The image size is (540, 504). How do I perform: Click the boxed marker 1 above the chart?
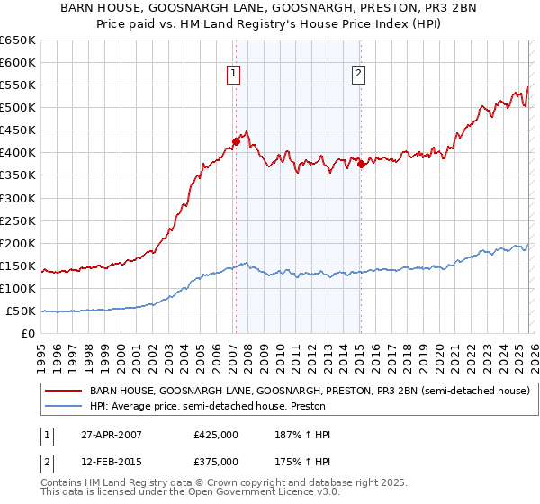pyautogui.click(x=233, y=74)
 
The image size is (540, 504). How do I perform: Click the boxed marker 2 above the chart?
pyautogui.click(x=358, y=74)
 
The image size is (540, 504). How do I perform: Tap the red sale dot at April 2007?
pyautogui.click(x=236, y=140)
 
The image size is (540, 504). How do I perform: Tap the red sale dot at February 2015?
pyautogui.click(x=360, y=164)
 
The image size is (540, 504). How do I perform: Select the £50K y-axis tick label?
pyautogui.click(x=21, y=310)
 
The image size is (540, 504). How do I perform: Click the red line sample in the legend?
pyautogui.click(x=64, y=391)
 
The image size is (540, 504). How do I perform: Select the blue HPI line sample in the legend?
pyautogui.click(x=64, y=406)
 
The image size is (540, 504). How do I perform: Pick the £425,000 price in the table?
pyautogui.click(x=216, y=435)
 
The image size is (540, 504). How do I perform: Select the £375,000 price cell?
pyautogui.click(x=216, y=462)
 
